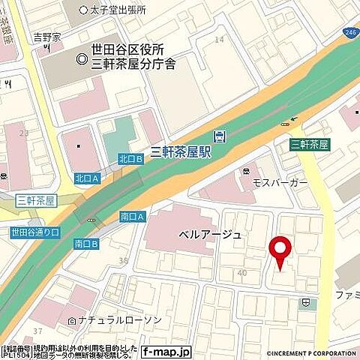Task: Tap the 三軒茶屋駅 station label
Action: (x=180, y=151)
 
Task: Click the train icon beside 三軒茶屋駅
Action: (x=218, y=136)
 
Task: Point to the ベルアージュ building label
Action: (x=210, y=235)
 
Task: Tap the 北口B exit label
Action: (x=130, y=158)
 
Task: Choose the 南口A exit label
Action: (x=131, y=217)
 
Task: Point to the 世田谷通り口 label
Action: (x=34, y=232)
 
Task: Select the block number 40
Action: (x=241, y=273)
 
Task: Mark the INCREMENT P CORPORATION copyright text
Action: (x=311, y=352)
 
